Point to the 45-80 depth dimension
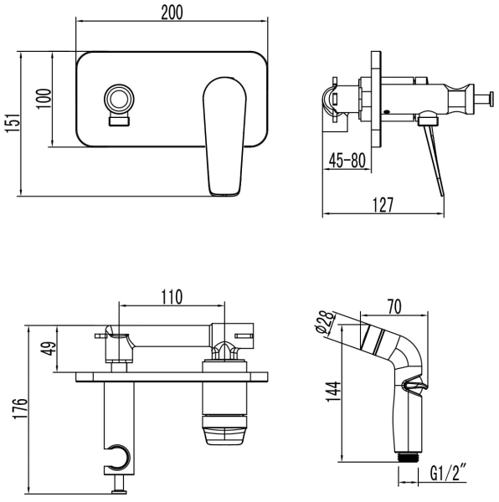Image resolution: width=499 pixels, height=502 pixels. click(345, 161)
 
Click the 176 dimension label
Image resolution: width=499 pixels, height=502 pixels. click(11, 407)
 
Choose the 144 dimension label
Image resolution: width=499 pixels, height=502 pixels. click(333, 390)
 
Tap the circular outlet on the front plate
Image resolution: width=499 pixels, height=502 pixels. click(120, 99)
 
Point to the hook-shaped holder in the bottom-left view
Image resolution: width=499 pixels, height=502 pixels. click(119, 455)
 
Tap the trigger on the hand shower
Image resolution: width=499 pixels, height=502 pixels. click(414, 387)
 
